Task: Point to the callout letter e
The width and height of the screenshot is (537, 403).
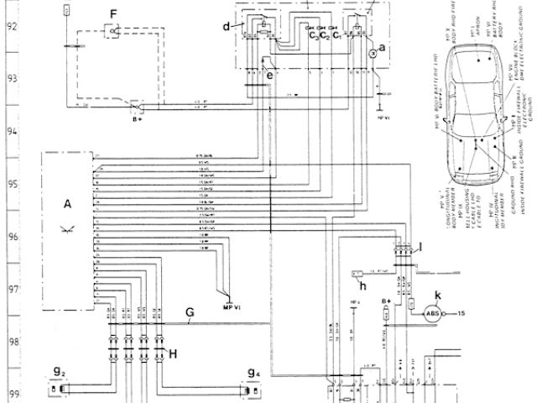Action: point(269,75)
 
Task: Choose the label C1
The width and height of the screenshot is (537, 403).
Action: point(337,36)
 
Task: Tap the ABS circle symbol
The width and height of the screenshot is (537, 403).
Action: point(433,314)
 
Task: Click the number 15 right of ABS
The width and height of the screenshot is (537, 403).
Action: point(461,313)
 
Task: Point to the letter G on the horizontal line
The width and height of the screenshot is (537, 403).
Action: point(190,312)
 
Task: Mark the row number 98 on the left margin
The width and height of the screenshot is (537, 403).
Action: point(12,341)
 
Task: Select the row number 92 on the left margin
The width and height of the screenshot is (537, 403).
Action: point(12,25)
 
